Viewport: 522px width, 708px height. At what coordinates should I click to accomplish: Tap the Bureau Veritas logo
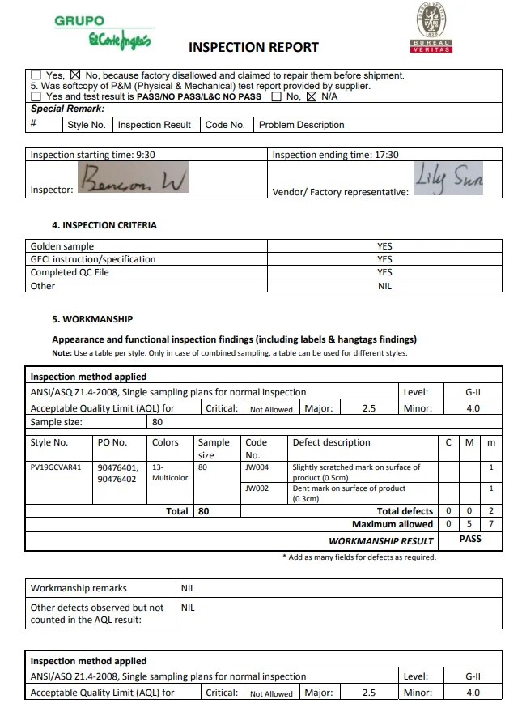(x=431, y=28)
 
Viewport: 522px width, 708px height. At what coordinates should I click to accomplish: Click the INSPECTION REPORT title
(x=253, y=47)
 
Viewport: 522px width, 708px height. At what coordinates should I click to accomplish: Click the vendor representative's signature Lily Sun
(x=448, y=178)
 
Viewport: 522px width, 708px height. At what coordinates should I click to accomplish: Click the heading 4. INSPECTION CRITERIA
(x=104, y=225)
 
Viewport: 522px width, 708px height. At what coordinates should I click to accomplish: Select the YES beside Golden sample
(x=384, y=246)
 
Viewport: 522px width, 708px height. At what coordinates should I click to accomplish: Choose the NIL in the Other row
(x=384, y=286)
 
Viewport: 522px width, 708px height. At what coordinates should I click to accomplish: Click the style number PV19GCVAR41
(x=56, y=467)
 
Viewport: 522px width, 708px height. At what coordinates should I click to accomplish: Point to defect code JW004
(x=257, y=467)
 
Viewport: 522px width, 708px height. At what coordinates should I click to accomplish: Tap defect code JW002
(x=257, y=488)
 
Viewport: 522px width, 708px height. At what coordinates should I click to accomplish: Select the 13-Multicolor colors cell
(x=169, y=472)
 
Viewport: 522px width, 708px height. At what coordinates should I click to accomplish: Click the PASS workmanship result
(x=470, y=539)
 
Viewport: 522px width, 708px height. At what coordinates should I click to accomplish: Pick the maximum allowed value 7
(x=491, y=524)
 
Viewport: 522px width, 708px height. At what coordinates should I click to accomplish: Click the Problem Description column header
(x=301, y=125)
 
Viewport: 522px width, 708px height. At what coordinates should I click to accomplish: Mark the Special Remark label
(x=67, y=109)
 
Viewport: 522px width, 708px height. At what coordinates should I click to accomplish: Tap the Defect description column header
(x=331, y=442)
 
